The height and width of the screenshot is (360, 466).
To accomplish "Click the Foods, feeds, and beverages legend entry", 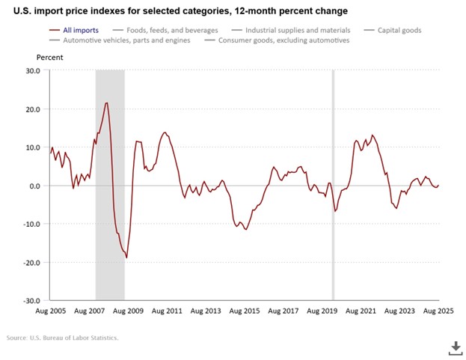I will [x=164, y=31].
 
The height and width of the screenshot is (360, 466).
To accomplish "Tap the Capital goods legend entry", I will [x=396, y=31].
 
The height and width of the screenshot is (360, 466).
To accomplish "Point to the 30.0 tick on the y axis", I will [x=31, y=71].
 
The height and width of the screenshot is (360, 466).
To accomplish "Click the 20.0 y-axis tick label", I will [x=31, y=109].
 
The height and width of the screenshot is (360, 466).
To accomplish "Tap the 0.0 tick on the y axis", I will [x=34, y=186].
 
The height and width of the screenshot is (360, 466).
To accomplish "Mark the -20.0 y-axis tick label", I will [x=30, y=263].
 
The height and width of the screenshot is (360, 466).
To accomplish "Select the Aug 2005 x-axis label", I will [x=50, y=311].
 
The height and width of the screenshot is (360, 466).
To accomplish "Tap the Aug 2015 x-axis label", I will [x=246, y=311].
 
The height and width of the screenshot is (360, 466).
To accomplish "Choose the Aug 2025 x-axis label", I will [x=438, y=311].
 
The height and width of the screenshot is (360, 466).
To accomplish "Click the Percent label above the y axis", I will [x=49, y=57].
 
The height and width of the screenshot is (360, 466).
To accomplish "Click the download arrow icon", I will [x=455, y=347].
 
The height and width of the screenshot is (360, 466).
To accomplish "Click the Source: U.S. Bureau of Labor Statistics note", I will [x=63, y=338].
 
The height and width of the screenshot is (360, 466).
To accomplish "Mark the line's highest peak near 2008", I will [x=107, y=103].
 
